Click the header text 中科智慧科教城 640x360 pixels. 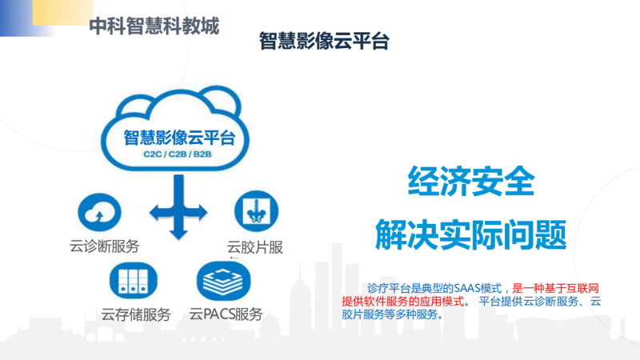pyautogui.click(x=154, y=26)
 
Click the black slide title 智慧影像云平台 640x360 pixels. pyautogui.click(x=324, y=41)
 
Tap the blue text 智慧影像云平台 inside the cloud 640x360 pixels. pyautogui.click(x=179, y=138)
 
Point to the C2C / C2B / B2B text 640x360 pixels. pyautogui.click(x=178, y=154)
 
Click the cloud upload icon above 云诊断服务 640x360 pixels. pyautogui.click(x=99, y=212)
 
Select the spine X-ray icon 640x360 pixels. pyautogui.click(x=256, y=211)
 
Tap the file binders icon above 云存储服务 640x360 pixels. pyautogui.click(x=133, y=281)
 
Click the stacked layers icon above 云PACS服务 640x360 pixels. pyautogui.click(x=223, y=282)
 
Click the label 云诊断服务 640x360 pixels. pyautogui.click(x=105, y=246)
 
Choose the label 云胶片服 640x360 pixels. pyautogui.click(x=254, y=247)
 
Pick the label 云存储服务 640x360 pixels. pyautogui.click(x=136, y=314)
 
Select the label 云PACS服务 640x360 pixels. pyautogui.click(x=226, y=314)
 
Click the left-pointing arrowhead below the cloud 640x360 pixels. pyautogui.click(x=155, y=213)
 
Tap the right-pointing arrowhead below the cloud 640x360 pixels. pyautogui.click(x=202, y=213)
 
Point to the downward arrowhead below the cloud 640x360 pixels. pyautogui.click(x=178, y=234)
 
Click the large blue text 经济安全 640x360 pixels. pyautogui.click(x=471, y=182)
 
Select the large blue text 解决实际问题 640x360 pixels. pyautogui.click(x=471, y=234)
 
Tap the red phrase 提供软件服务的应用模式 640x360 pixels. pyautogui.click(x=403, y=302)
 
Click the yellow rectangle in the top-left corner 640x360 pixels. pyautogui.click(x=63, y=13)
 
